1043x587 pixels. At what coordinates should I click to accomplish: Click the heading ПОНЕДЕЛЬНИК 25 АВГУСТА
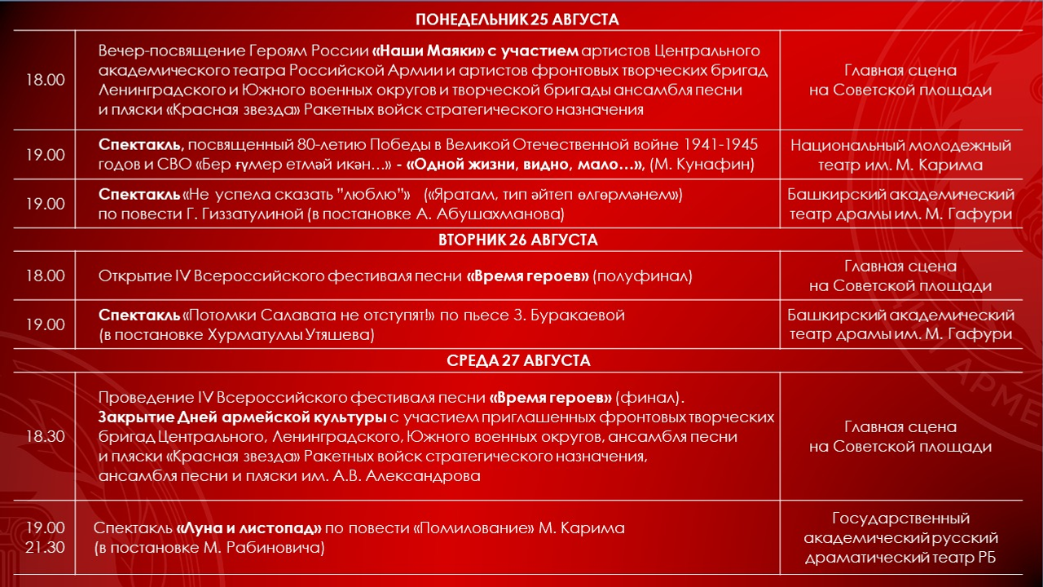coord(517,20)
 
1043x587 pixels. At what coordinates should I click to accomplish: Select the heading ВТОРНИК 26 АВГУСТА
coord(517,240)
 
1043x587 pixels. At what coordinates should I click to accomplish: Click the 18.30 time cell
coord(45,437)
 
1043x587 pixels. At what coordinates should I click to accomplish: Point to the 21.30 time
coord(45,547)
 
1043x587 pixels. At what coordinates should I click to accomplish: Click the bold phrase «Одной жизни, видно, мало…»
coord(525,165)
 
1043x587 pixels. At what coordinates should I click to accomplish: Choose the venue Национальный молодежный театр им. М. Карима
coord(900,155)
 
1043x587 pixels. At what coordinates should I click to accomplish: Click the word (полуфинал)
coord(642,276)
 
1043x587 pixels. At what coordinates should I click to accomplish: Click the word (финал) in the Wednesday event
coord(648,398)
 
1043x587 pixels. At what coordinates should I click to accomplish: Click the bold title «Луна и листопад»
coord(249,527)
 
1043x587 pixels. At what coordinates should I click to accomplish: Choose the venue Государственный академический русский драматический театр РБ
coord(900,538)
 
